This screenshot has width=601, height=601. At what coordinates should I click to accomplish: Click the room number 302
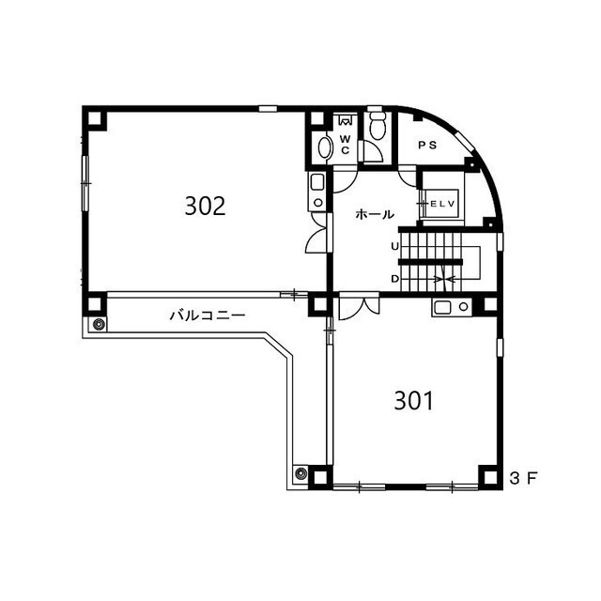205,206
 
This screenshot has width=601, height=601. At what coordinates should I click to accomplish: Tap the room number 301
413,401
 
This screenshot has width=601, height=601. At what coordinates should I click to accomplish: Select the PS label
427,146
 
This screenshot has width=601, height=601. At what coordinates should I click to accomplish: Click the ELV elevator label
442,204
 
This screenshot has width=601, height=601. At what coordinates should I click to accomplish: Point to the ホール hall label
375,214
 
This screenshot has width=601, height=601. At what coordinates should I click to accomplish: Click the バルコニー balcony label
208,316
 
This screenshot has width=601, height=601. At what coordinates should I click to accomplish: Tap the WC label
345,144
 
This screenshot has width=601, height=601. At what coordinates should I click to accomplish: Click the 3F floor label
524,478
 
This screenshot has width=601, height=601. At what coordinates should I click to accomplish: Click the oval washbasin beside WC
326,147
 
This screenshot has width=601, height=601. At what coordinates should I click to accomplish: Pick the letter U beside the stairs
394,246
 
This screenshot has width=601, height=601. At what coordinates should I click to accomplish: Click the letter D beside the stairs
394,279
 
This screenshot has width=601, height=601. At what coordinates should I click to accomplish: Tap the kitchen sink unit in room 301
452,307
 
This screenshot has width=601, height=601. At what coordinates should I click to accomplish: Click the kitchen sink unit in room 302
317,191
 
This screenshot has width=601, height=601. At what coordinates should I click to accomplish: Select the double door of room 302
317,232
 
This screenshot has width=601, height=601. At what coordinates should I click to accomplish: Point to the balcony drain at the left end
99,325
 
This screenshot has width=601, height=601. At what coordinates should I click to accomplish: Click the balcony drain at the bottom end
300,473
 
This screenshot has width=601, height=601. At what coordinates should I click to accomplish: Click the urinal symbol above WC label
345,120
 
